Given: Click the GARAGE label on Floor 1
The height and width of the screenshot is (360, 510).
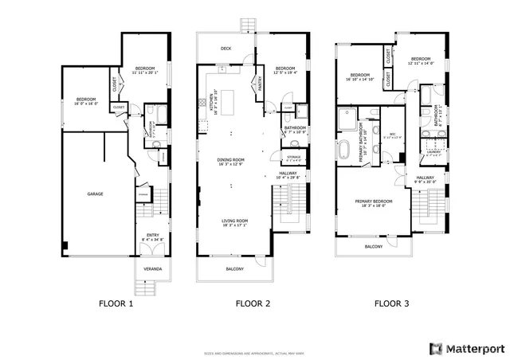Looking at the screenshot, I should (96, 194).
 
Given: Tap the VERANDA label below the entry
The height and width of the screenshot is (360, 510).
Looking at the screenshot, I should (152, 269).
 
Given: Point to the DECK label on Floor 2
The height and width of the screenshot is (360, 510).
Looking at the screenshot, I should (226, 49).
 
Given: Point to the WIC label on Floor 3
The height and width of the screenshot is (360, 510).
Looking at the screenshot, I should (392, 135).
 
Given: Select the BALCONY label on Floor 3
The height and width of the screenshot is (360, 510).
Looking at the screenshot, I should (373, 247).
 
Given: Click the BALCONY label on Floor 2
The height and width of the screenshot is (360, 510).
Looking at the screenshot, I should (233, 269).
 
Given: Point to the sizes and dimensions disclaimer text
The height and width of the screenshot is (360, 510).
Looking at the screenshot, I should (255, 352).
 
